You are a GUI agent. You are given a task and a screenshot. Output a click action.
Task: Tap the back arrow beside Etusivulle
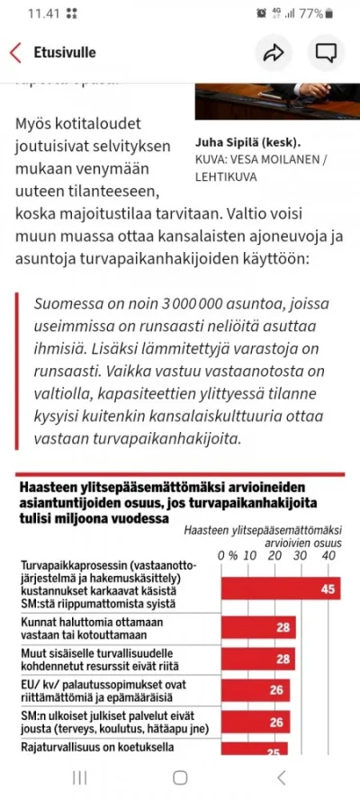(14, 52)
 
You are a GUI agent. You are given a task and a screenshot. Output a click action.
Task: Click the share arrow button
(273, 52)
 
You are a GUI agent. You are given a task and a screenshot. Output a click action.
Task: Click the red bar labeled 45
(280, 588)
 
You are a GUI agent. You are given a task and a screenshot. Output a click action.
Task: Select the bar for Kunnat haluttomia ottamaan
(259, 627)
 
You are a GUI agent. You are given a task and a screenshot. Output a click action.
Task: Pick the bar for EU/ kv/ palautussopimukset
(256, 690)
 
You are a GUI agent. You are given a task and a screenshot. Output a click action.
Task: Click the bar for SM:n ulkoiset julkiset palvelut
(256, 721)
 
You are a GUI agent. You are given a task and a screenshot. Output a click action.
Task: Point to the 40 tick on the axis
(328, 556)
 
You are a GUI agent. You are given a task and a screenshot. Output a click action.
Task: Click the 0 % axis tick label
(227, 556)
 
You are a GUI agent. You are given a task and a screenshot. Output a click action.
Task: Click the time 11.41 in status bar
(41, 13)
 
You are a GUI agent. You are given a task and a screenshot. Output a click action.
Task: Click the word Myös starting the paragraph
(35, 122)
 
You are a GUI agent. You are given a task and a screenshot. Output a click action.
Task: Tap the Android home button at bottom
(180, 777)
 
